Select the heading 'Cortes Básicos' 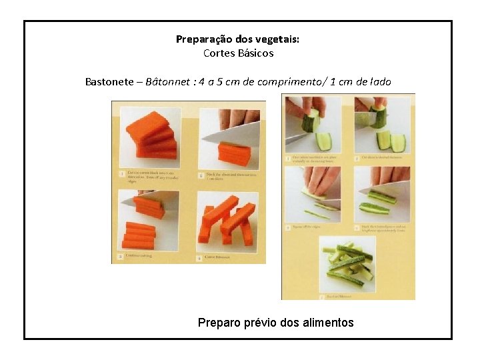tap(238, 53)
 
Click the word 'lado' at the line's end tap(380, 82)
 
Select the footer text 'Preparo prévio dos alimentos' tap(275, 323)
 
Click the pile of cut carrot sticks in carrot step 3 tap(139, 233)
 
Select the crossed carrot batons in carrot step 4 tap(227, 223)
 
